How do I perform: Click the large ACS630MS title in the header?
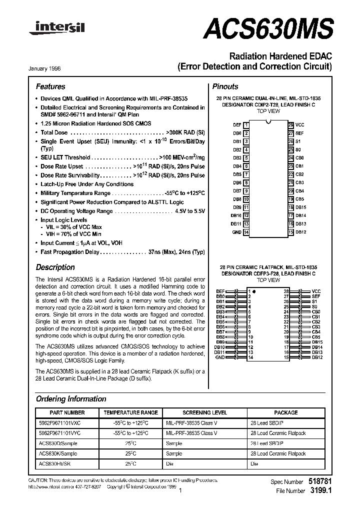click(268, 29)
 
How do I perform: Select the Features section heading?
click(50, 86)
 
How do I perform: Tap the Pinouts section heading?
click(225, 86)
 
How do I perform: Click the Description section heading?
click(55, 267)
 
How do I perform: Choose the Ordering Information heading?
click(71, 399)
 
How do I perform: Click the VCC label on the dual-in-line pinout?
click(299, 124)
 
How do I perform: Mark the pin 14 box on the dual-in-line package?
click(246, 232)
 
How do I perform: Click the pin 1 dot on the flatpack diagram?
click(254, 291)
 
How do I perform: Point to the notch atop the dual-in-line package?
click(268, 122)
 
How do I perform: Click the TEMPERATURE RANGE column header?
click(130, 412)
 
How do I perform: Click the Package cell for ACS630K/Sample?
click(277, 453)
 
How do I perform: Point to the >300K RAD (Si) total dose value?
click(185, 132)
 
